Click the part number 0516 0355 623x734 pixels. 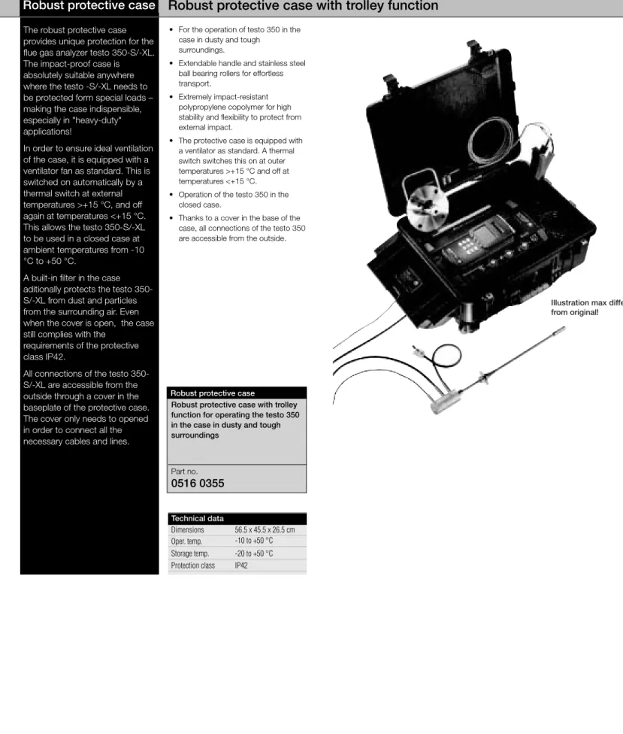point(198,483)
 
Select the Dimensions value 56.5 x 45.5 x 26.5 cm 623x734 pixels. point(265,530)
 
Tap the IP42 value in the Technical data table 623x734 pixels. point(241,566)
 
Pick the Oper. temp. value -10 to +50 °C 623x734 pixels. point(254,541)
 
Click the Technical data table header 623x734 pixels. point(237,518)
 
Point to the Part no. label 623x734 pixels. point(184,472)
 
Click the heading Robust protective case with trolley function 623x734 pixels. point(303,5)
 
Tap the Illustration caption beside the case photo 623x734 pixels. point(586,308)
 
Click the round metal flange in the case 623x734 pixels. point(427,208)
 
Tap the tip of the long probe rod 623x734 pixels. point(564,329)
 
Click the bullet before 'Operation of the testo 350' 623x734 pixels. point(171,194)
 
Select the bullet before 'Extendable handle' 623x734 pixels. point(171,63)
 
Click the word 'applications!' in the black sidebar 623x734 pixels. point(47,132)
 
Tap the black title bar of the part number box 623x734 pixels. point(237,393)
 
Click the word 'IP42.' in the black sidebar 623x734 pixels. point(55,356)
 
